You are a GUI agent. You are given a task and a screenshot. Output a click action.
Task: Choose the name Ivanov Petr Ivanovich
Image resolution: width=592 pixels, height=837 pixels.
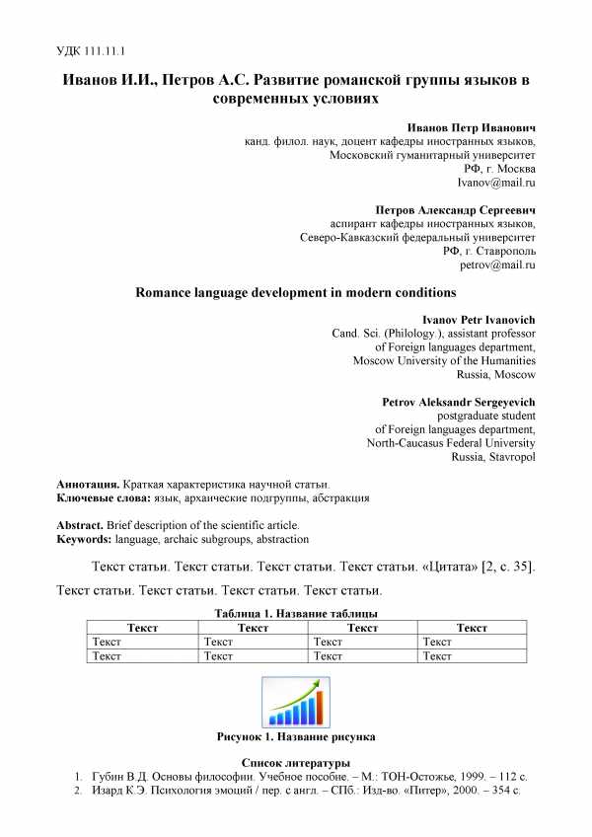tap(479, 321)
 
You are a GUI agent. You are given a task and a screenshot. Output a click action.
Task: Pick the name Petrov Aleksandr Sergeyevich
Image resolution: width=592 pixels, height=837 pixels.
tap(458, 403)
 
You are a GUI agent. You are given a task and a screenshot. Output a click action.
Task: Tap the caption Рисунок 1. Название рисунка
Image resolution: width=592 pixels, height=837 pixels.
tap(295, 737)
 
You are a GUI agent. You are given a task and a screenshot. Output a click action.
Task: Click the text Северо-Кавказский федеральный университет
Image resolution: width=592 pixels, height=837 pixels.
tap(417, 237)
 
